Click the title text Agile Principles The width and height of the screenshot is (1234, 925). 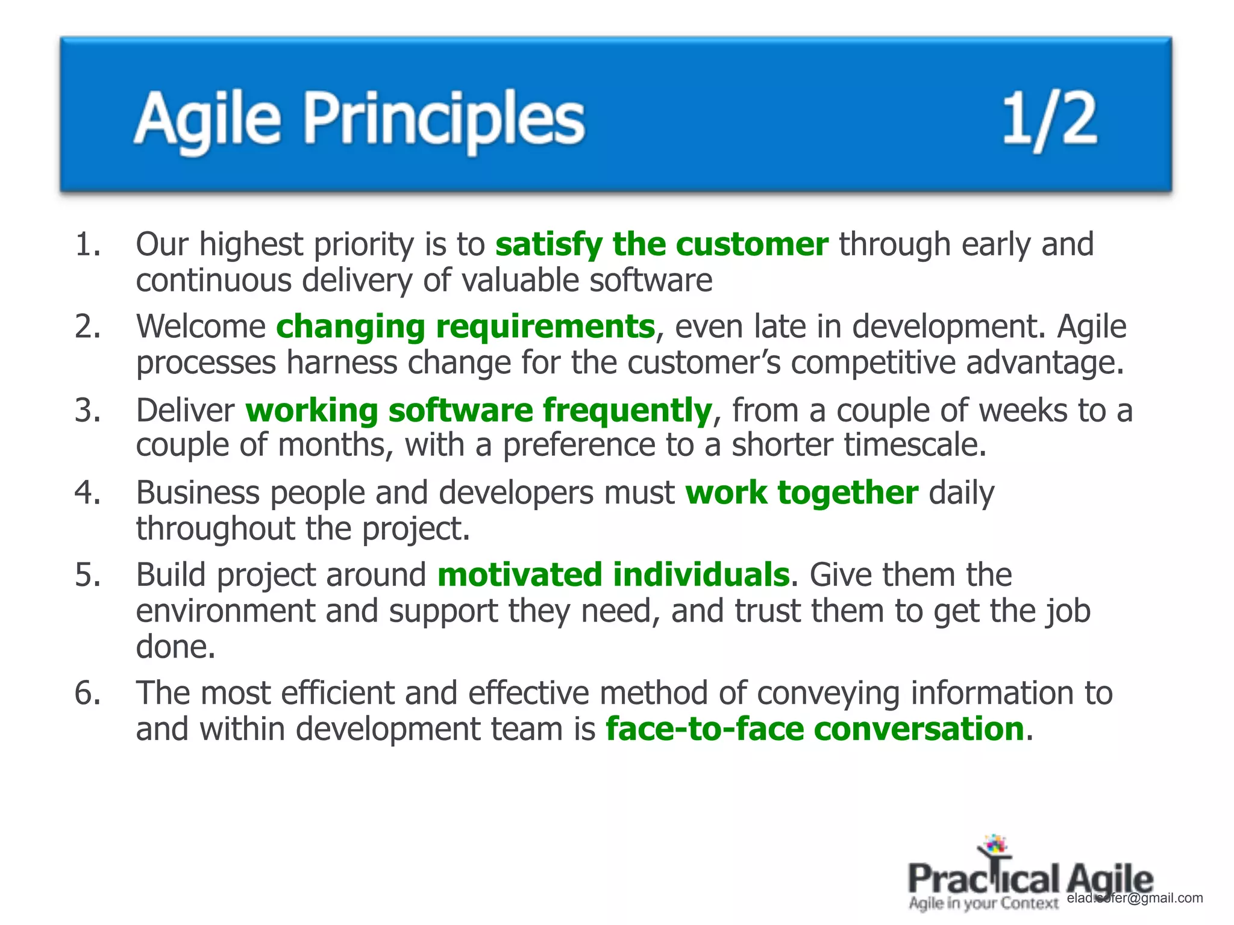[359, 119]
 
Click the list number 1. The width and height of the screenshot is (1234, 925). [88, 245]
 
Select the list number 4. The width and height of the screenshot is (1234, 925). [88, 493]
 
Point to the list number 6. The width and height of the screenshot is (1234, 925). [88, 693]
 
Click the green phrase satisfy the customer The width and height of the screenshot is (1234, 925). [662, 245]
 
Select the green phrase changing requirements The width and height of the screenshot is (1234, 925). [465, 327]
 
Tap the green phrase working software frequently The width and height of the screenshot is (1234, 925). [479, 411]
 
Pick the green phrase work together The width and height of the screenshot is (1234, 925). [801, 493]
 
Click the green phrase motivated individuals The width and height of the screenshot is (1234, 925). [613, 575]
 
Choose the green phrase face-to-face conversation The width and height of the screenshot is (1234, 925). [815, 729]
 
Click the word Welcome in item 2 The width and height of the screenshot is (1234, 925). [201, 327]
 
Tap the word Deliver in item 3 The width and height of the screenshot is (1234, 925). [185, 411]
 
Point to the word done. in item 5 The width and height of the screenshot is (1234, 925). [175, 647]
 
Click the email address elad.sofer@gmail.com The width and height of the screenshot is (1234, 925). [1135, 898]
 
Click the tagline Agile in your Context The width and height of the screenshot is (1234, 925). [983, 903]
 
